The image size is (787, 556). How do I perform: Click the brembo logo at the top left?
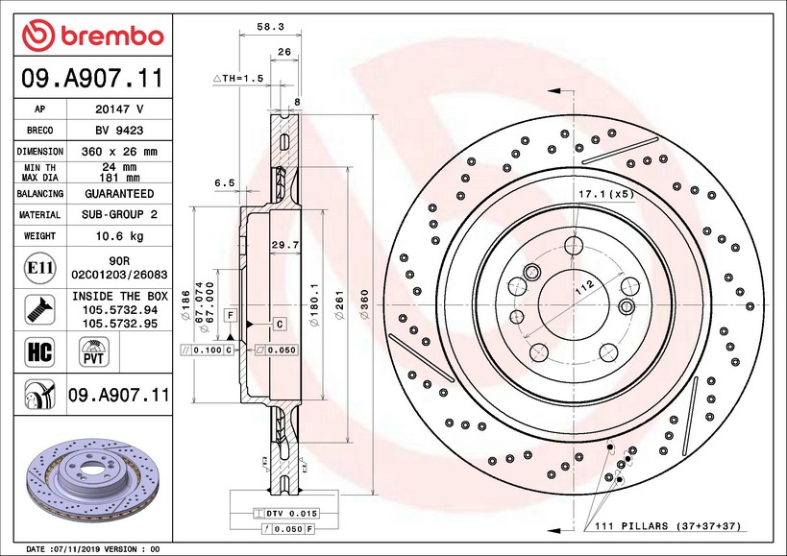[x=93, y=35]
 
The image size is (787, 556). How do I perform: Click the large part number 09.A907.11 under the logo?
[x=93, y=78]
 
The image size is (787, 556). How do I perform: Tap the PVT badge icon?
[x=93, y=354]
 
